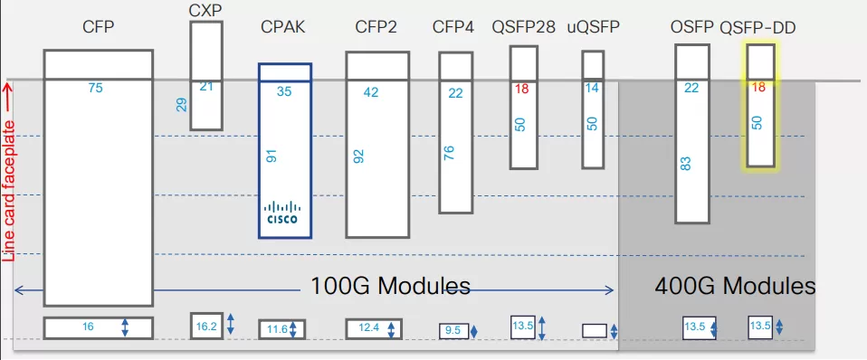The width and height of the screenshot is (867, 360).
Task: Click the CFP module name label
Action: (97, 28)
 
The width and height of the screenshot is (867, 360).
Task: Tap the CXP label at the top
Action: (205, 10)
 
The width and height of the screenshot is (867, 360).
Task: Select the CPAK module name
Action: (284, 28)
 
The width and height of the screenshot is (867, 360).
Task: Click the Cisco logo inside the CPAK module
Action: (284, 212)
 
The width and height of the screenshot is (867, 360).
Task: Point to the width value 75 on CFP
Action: (96, 88)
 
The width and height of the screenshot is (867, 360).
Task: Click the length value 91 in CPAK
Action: (271, 156)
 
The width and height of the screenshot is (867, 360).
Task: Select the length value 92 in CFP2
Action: (358, 156)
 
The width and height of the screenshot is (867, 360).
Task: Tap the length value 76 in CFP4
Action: (450, 154)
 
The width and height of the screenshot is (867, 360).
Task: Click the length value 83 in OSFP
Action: (685, 164)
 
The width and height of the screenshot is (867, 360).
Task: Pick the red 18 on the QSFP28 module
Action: (521, 89)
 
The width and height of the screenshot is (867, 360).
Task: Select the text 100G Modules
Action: (390, 287)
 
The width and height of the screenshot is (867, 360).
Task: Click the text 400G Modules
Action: (734, 287)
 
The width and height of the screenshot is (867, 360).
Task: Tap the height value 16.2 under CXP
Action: (205, 326)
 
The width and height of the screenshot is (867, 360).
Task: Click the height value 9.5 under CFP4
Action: (453, 332)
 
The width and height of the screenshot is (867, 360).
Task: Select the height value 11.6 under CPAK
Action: (276, 329)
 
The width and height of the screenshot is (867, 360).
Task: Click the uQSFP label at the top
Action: (594, 28)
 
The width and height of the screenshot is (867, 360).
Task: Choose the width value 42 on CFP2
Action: (371, 92)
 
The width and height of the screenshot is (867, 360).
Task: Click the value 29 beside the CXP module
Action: (181, 106)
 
